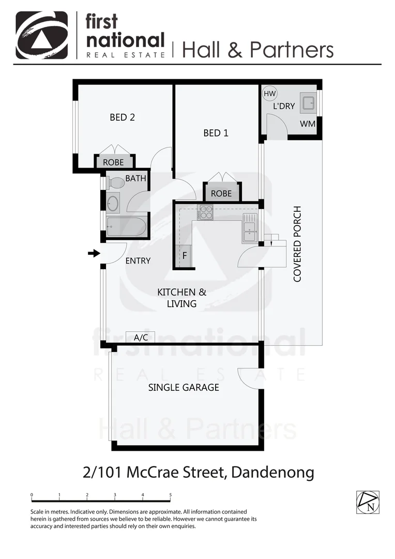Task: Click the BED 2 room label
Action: pyautogui.click(x=122, y=117)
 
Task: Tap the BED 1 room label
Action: pyautogui.click(x=216, y=133)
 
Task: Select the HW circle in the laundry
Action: pyautogui.click(x=269, y=94)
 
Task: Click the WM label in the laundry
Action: pyautogui.click(x=308, y=125)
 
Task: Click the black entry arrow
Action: pyautogui.click(x=94, y=253)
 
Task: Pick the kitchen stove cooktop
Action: pyautogui.click(x=205, y=213)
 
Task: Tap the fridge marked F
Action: pyautogui.click(x=184, y=256)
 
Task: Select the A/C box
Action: pyautogui.click(x=141, y=337)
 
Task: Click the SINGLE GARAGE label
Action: pyautogui.click(x=184, y=387)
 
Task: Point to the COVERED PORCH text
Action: pyautogui.click(x=297, y=244)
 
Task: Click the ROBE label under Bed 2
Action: pyautogui.click(x=113, y=163)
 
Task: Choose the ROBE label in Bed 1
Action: pyautogui.click(x=221, y=194)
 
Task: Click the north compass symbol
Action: pyautogui.click(x=368, y=502)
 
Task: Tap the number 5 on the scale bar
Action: pyautogui.click(x=170, y=495)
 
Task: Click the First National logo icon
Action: pyautogui.click(x=42, y=35)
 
